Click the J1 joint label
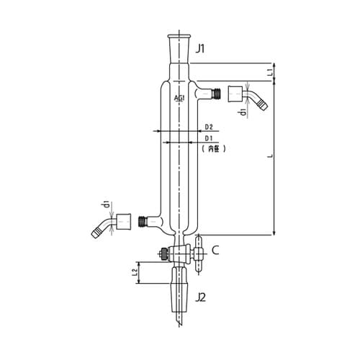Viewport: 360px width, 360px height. (200, 49)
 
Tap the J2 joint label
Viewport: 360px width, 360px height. (200, 298)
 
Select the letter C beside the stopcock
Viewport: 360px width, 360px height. (215, 251)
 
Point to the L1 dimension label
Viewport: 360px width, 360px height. (270, 72)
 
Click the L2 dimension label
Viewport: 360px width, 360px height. (135, 272)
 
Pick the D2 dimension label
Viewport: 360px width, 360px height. (209, 127)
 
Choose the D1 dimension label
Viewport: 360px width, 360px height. (209, 138)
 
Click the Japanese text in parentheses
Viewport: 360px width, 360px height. (214, 149)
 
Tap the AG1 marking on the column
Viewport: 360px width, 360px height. (179, 98)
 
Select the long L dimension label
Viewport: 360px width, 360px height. (271, 156)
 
